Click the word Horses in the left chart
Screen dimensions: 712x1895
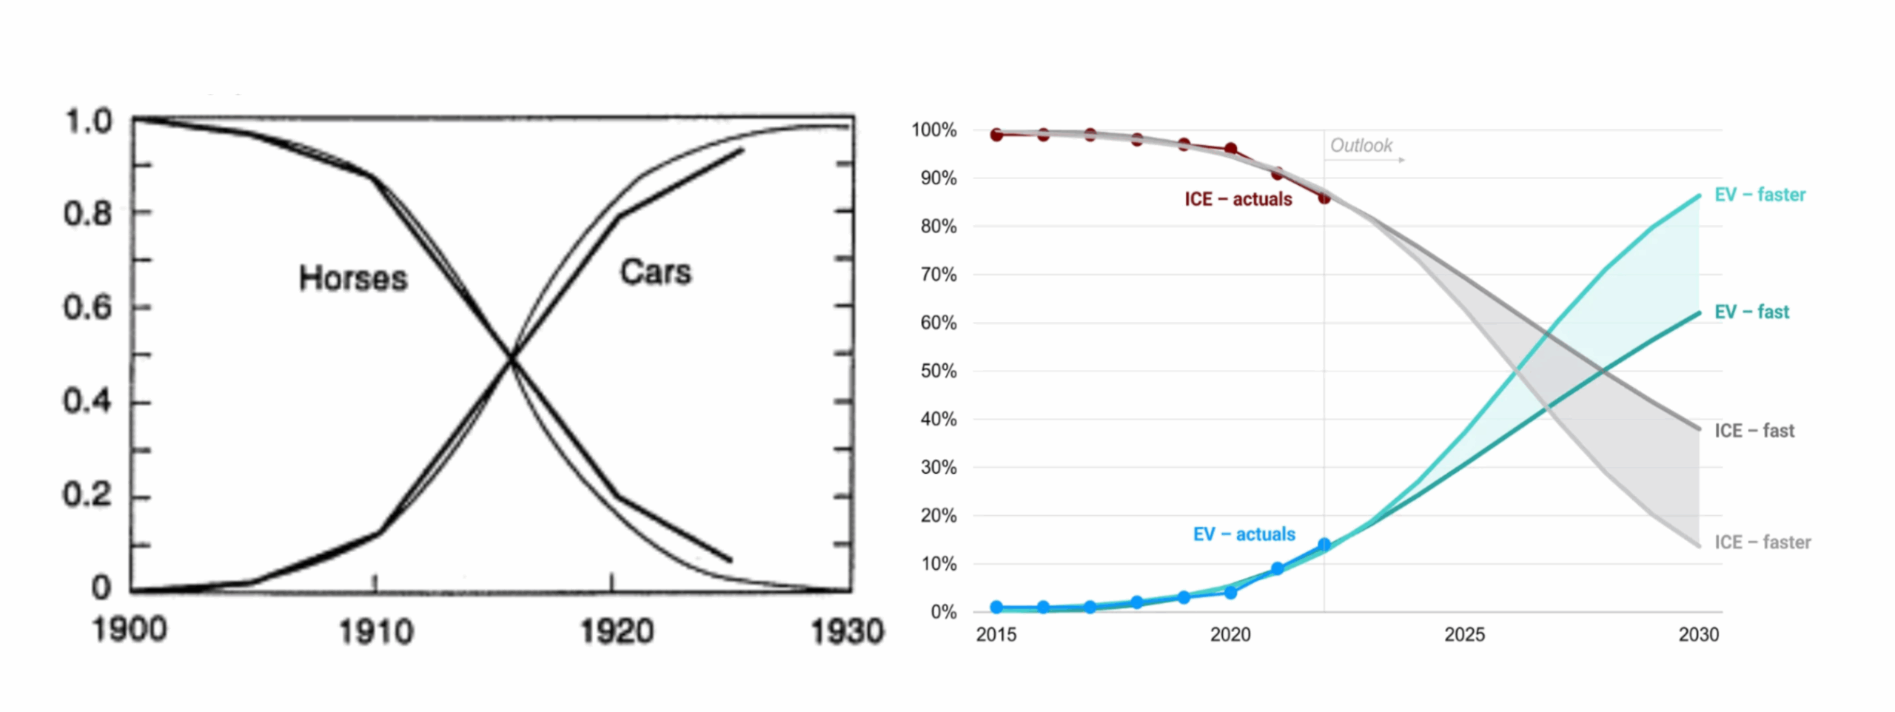tap(353, 278)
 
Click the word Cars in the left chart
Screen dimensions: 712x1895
tap(655, 272)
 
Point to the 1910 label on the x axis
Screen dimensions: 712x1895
tap(375, 631)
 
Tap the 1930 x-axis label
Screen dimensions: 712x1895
tap(847, 631)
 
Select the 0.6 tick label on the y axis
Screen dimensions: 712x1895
tap(87, 307)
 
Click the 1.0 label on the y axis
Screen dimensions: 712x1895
tap(89, 121)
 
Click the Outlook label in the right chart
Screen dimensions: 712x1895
tap(1361, 145)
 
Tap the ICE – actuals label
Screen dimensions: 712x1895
tap(1238, 199)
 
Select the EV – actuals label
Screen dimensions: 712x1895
tap(1244, 534)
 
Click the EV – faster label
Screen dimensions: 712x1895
tap(1760, 195)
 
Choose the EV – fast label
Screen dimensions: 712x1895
tap(1751, 312)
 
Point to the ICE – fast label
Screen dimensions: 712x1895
tap(1754, 431)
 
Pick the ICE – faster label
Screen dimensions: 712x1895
tap(1762, 542)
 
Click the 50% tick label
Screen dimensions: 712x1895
tap(938, 371)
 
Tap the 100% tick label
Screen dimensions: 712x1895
tap(933, 130)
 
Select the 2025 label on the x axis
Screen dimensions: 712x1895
tap(1464, 634)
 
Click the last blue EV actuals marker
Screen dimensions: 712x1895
tap(1324, 545)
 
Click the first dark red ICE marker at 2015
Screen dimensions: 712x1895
tap(996, 135)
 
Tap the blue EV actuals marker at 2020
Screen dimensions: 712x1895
tap(1230, 592)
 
